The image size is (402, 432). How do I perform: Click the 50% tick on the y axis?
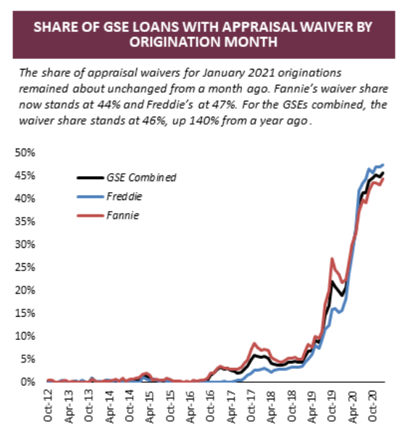pos(25,153)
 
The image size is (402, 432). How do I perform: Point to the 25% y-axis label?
pos(25,267)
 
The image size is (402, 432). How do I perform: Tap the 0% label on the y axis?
pos(28,382)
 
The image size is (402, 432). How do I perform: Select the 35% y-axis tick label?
pos(25,222)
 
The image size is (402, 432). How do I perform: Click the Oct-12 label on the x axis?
pos(48,406)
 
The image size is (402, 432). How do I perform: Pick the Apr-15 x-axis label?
pos(149,407)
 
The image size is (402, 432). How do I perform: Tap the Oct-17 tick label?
pos(251,406)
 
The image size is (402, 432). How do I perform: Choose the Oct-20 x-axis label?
pos(372,406)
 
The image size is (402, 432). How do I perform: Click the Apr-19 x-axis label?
pos(311,407)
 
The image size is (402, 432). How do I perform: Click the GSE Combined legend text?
pos(141,178)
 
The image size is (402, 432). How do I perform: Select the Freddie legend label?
pos(125,196)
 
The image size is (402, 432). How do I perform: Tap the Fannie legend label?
pos(123,215)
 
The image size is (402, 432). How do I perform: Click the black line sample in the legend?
pos(91,178)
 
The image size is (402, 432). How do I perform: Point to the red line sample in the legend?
pos(91,215)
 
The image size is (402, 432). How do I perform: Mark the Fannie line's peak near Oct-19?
pos(332,259)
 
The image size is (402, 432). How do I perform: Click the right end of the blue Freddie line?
pos(383,165)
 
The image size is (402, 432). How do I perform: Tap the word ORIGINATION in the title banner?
pos(175,42)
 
